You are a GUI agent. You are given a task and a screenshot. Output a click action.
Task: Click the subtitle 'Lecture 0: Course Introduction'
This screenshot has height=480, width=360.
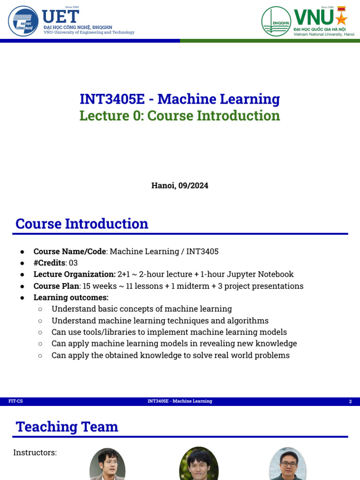coord(180,115)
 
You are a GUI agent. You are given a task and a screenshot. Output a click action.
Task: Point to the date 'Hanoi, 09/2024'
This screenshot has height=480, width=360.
coord(180,186)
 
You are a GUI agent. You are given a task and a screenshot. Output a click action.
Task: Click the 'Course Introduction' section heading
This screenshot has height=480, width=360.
coord(82,224)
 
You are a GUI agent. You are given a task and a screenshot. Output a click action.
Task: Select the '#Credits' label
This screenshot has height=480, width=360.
coord(49,262)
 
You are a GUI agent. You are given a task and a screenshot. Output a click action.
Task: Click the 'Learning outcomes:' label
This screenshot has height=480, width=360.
coord(71,297)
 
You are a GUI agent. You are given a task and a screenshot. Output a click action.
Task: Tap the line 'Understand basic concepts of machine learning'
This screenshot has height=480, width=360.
coord(142,309)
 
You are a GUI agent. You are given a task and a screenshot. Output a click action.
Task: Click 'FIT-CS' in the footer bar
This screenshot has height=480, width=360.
coord(15,401)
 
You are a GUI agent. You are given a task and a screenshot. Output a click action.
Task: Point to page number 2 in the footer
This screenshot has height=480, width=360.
coord(350,402)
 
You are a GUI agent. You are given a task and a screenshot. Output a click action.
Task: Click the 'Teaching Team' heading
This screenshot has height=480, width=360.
coord(67,427)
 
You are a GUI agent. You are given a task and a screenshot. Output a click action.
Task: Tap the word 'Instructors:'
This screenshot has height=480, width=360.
coord(35,452)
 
